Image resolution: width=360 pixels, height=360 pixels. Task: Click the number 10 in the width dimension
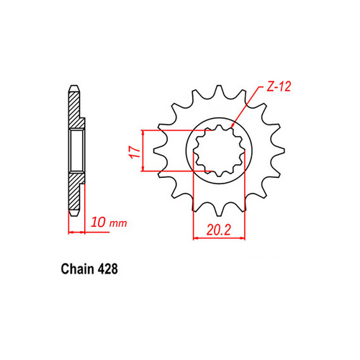click(99, 223)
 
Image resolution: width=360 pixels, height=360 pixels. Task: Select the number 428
click(103, 269)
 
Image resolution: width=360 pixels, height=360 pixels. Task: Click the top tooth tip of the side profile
click(74, 89)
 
